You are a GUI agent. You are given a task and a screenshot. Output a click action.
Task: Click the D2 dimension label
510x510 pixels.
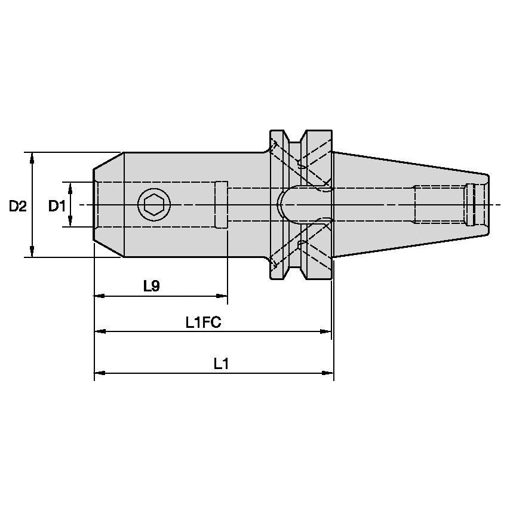pyautogui.click(x=18, y=206)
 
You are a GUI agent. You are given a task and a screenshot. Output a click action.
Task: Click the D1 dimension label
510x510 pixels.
pyautogui.click(x=57, y=206)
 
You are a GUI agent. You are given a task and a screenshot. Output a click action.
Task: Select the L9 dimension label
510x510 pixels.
pyautogui.click(x=152, y=287)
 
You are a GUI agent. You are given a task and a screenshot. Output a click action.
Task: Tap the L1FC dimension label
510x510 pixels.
pyautogui.click(x=203, y=323)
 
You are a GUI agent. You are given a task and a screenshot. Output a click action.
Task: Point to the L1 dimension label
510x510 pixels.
pyautogui.click(x=222, y=364)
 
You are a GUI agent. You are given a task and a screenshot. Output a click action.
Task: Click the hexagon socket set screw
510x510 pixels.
pyautogui.click(x=154, y=205)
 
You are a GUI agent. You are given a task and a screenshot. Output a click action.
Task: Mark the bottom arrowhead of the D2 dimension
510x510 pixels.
pyautogui.click(x=32, y=253)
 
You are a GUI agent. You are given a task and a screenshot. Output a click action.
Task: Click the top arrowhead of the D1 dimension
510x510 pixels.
pyautogui.click(x=70, y=186)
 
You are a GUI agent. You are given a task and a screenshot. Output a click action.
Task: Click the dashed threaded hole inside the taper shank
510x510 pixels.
pyautogui.click(x=439, y=205)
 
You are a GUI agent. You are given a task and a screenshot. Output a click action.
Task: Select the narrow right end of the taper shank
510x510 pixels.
pyautogui.click(x=486, y=205)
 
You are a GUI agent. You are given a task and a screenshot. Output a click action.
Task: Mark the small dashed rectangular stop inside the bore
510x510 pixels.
pyautogui.click(x=221, y=205)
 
